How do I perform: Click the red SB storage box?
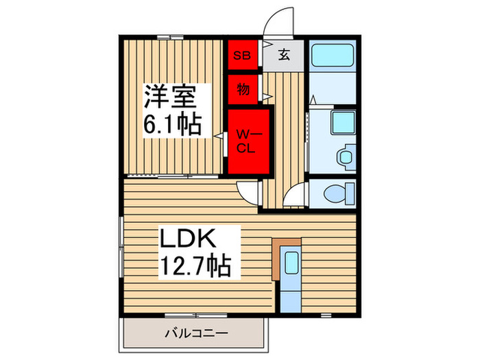[x=243, y=55]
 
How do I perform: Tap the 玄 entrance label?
[x=284, y=56]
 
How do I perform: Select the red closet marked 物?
[x=243, y=88]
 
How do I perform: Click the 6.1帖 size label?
[x=171, y=125]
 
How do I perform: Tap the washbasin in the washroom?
[x=345, y=155]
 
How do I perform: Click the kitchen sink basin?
[x=291, y=263]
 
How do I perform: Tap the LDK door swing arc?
[x=249, y=192]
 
